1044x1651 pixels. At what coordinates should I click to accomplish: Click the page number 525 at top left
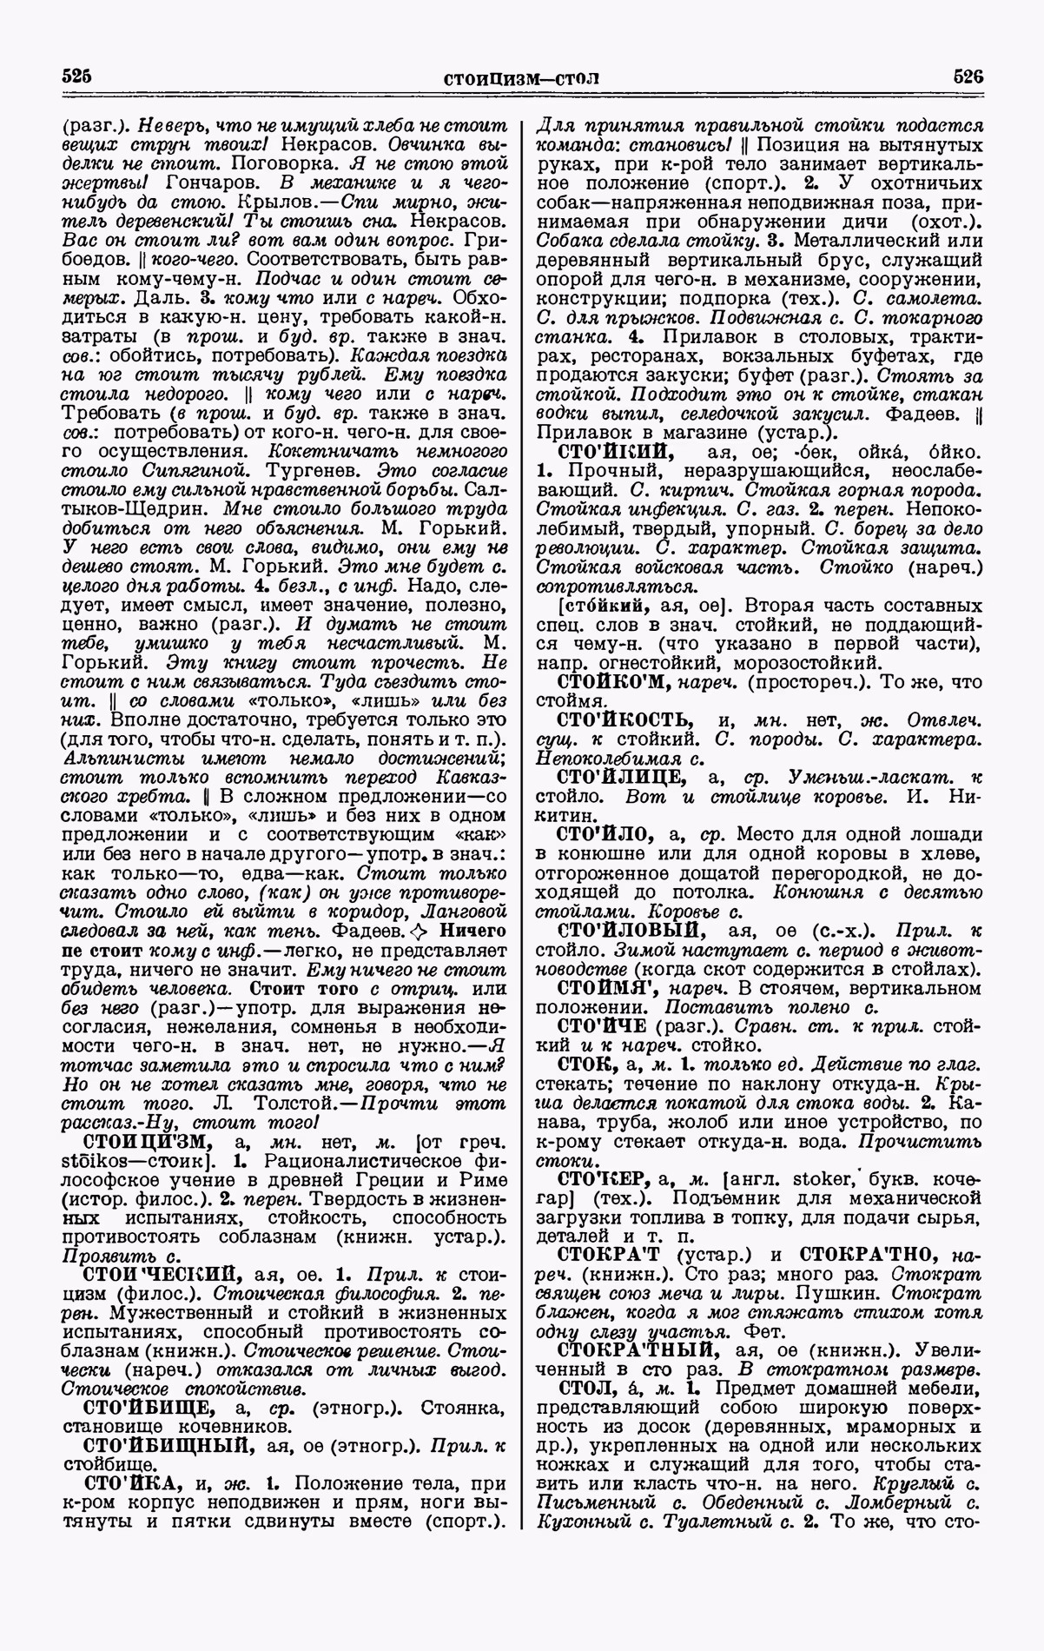pos(76,76)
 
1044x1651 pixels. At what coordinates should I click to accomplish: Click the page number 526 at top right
pos(967,76)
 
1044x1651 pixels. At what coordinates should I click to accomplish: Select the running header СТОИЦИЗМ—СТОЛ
pos(521,79)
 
